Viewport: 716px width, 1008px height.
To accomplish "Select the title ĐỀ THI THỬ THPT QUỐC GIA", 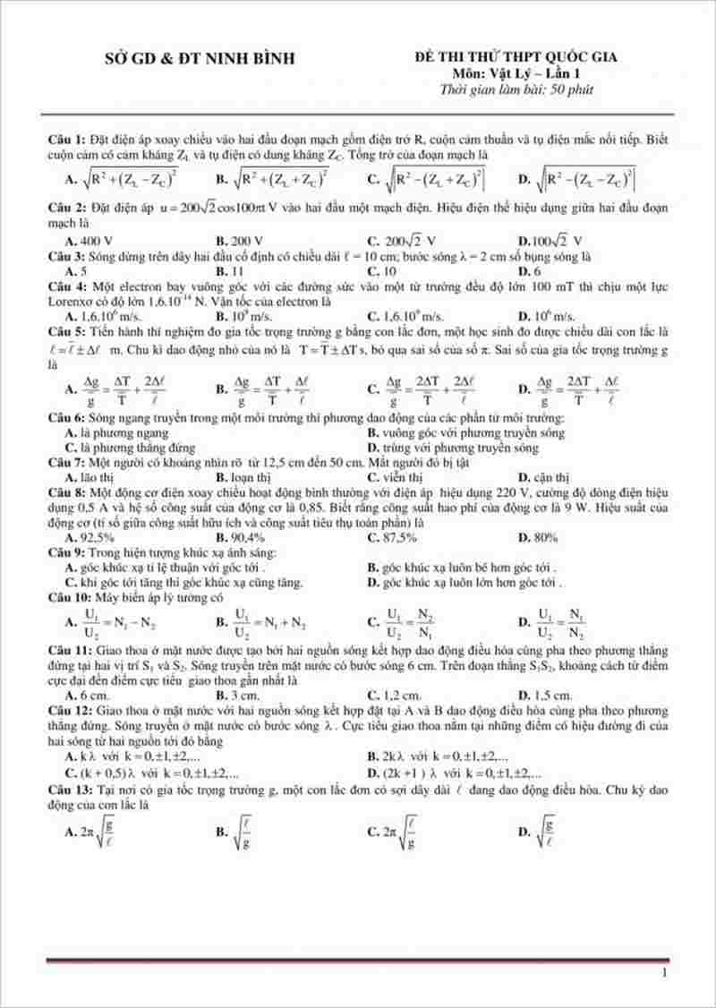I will pyautogui.click(x=516, y=57).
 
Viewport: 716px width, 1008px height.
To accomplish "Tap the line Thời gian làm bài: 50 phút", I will pyautogui.click(x=516, y=89).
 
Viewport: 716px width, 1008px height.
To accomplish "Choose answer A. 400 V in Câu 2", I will pyautogui.click(x=89, y=241).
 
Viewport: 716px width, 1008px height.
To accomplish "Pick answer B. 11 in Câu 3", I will pyautogui.click(x=230, y=270).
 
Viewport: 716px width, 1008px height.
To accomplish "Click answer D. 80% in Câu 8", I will pyautogui.click(x=538, y=537).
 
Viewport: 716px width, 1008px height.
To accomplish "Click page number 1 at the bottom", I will pyautogui.click(x=663, y=972).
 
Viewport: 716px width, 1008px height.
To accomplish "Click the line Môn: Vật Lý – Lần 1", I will pyautogui.click(x=516, y=73).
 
